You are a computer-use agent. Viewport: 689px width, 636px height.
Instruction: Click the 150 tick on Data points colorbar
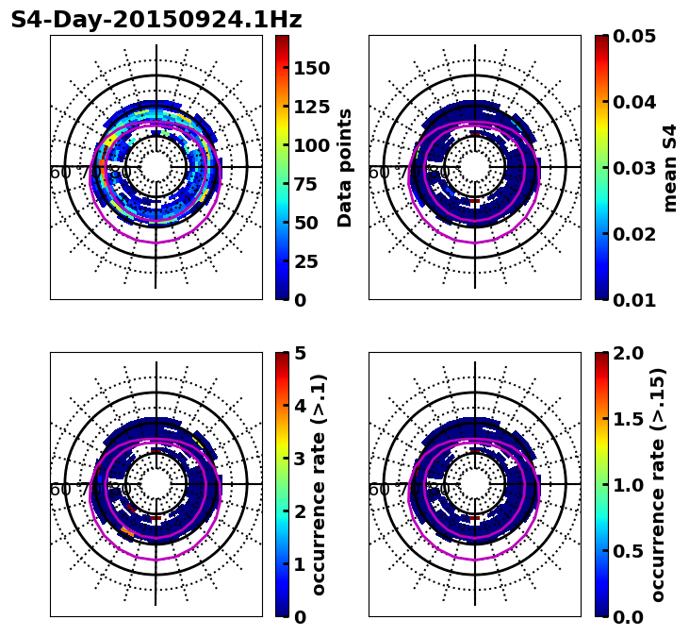[311, 68]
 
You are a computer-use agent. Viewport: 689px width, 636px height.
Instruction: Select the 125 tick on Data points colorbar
[311, 107]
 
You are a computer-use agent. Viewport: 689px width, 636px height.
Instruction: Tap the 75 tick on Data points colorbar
[311, 184]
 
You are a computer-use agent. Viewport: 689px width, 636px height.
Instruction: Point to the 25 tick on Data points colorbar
[311, 261]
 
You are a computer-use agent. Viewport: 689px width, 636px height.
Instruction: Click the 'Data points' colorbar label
[345, 167]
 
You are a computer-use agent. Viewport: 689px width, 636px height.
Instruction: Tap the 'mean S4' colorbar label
[670, 167]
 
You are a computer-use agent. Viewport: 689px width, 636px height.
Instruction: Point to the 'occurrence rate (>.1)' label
[320, 485]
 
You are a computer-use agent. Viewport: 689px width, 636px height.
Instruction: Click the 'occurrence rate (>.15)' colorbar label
[658, 485]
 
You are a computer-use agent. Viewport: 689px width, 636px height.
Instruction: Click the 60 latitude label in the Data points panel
[60, 173]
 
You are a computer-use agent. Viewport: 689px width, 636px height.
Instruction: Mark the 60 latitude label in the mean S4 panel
[379, 173]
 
